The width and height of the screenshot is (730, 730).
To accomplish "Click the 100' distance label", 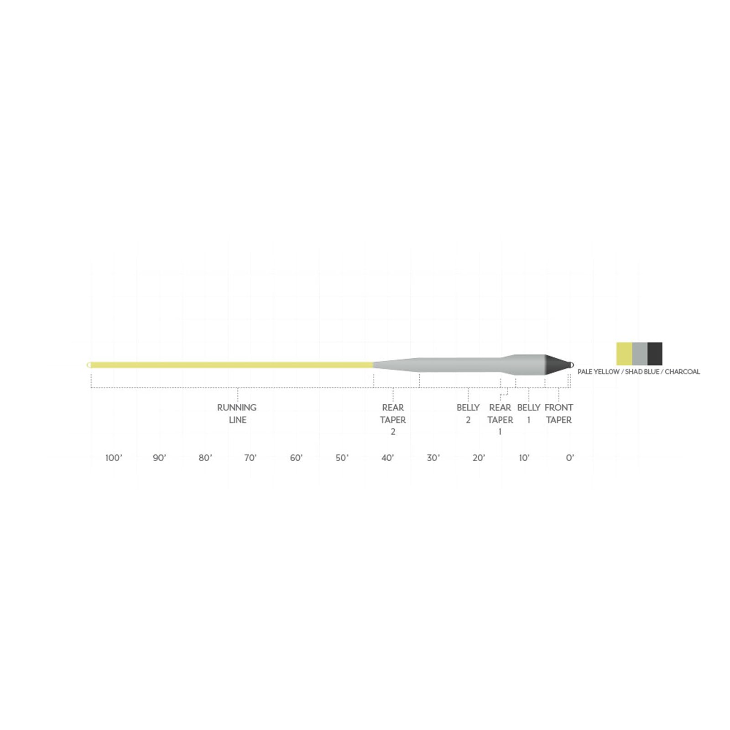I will pyautogui.click(x=114, y=458).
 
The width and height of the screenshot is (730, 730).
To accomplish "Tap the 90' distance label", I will pyautogui.click(x=159, y=458).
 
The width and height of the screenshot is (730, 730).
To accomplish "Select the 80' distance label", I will pyautogui.click(x=205, y=458).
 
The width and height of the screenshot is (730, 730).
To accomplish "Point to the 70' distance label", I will pyautogui.click(x=250, y=458).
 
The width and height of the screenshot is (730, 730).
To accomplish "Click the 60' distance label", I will pyautogui.click(x=296, y=458).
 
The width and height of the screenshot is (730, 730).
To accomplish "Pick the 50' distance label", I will pyautogui.click(x=342, y=458).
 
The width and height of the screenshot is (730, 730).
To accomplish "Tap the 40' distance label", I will pyautogui.click(x=387, y=458).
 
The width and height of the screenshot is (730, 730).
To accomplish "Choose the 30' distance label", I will pyautogui.click(x=433, y=458).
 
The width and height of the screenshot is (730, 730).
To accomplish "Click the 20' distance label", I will pyautogui.click(x=479, y=458).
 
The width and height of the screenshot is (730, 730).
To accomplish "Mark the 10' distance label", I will pyautogui.click(x=524, y=458).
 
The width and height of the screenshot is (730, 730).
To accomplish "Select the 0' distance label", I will pyautogui.click(x=570, y=458).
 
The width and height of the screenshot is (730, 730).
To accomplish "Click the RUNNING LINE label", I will pyautogui.click(x=237, y=413).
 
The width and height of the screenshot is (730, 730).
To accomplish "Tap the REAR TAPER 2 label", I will pyautogui.click(x=393, y=419).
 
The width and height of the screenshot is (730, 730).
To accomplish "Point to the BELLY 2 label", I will pyautogui.click(x=468, y=413).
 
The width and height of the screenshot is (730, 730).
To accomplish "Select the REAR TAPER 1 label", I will pyautogui.click(x=500, y=419).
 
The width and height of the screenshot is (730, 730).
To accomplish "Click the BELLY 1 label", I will pyautogui.click(x=529, y=413).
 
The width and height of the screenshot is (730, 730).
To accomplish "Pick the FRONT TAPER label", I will pyautogui.click(x=558, y=413).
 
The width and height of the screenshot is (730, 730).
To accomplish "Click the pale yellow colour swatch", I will pyautogui.click(x=624, y=354).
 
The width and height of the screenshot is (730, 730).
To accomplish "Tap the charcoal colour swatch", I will pyautogui.click(x=655, y=354).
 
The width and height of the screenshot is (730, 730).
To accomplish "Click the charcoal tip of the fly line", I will pyautogui.click(x=558, y=365).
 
